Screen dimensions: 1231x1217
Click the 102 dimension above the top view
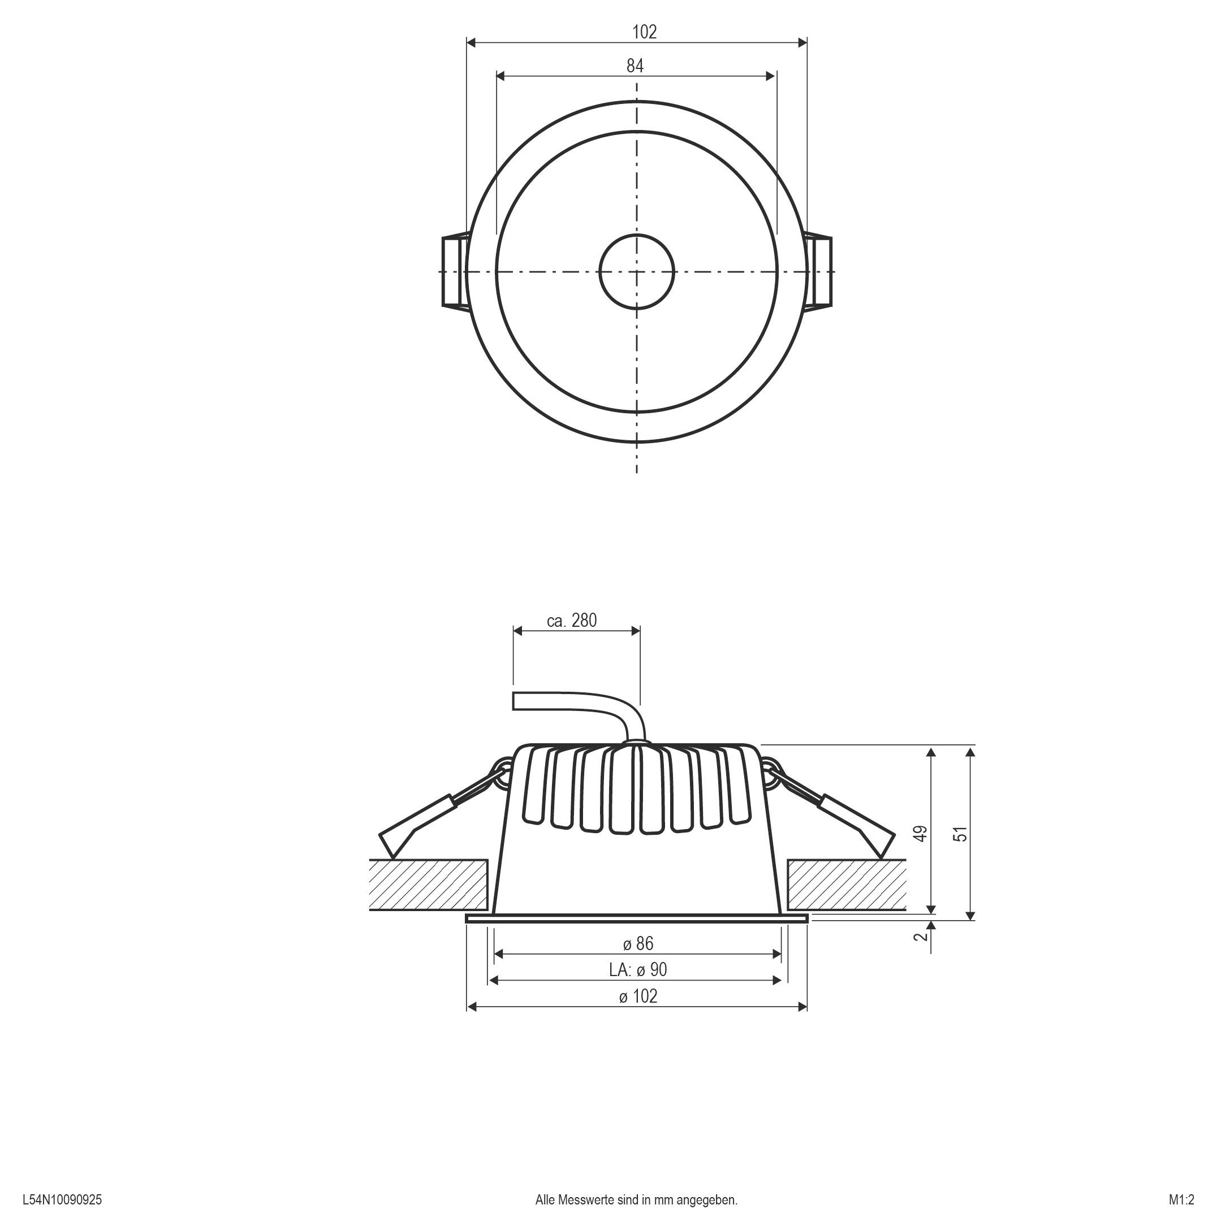644,32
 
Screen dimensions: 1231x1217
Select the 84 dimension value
635,66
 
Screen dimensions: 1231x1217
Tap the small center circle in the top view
636,271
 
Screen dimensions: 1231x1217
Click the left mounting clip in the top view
454,271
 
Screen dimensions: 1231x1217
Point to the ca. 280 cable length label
572,620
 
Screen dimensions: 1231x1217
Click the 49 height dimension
921,834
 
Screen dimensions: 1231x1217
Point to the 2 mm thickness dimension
921,937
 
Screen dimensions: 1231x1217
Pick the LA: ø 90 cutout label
637,970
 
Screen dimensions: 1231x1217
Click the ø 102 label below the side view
637,996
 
